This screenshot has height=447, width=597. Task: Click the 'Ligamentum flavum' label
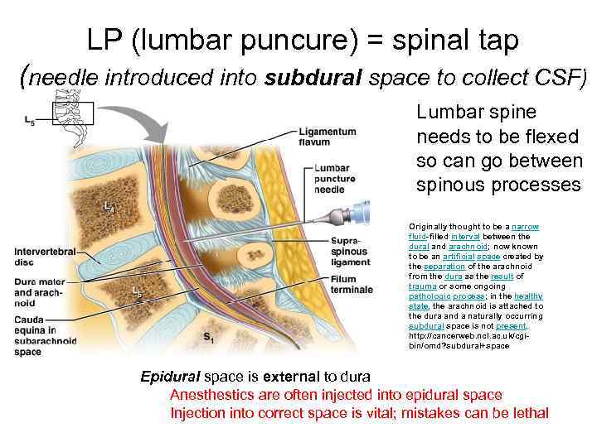point(328,136)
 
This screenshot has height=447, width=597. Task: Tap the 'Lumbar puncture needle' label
point(335,179)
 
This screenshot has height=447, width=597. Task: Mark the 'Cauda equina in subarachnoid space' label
point(46,334)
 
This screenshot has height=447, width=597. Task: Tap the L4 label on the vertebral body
point(108,206)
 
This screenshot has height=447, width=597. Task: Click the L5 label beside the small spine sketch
point(30,123)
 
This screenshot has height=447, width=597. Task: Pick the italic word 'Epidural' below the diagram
point(170,378)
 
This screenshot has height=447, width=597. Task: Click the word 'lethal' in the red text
point(527,412)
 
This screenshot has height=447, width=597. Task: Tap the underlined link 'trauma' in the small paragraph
point(423,286)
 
